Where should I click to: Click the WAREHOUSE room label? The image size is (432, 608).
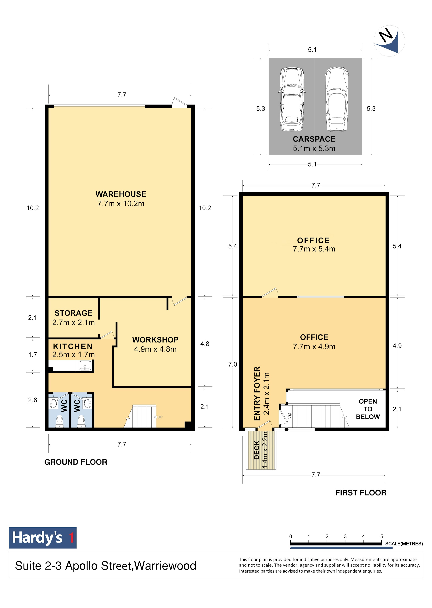[x=121, y=194]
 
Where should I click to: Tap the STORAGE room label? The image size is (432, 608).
[x=74, y=313]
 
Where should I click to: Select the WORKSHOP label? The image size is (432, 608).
[x=155, y=340]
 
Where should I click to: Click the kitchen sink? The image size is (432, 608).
[x=85, y=366]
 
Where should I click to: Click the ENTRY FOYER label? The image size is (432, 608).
[x=257, y=393]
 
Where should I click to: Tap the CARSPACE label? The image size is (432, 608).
[x=314, y=139]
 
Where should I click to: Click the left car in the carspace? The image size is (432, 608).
[x=292, y=99]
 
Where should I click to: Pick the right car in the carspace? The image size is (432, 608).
[x=337, y=99]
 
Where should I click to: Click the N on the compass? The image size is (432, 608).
[x=386, y=35]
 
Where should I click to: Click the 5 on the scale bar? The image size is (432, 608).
[x=382, y=536]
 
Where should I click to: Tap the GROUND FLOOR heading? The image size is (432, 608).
[x=76, y=462]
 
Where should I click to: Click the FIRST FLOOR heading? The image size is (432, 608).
[x=361, y=493]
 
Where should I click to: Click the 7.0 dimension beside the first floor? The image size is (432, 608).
[x=232, y=364]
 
